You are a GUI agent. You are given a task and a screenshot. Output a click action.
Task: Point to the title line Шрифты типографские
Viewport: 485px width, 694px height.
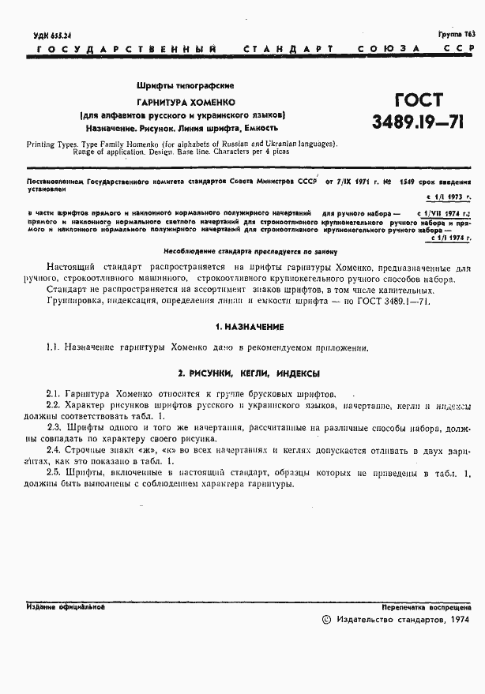[x=186, y=85]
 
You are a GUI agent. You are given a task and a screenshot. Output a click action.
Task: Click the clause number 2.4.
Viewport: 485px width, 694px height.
[x=54, y=449]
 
